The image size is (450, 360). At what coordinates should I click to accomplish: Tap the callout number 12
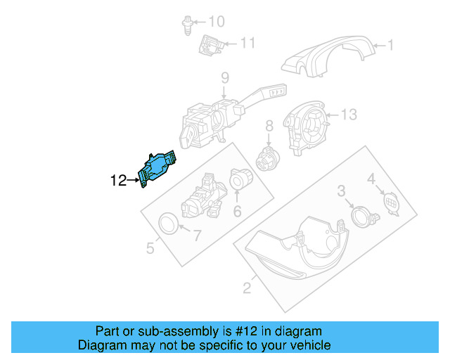119,181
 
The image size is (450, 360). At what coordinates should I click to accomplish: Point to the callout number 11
247,44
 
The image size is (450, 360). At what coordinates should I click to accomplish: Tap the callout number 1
390,47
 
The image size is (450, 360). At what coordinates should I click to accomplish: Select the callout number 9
225,77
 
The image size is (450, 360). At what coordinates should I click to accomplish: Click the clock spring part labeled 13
309,124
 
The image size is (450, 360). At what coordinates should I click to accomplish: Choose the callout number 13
349,114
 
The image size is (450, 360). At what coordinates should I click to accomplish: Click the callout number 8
268,126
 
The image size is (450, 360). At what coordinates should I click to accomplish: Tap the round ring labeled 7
168,224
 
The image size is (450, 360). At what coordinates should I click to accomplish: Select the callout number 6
237,211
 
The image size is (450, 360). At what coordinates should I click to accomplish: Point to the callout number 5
150,247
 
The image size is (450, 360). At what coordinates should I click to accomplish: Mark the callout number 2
247,287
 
